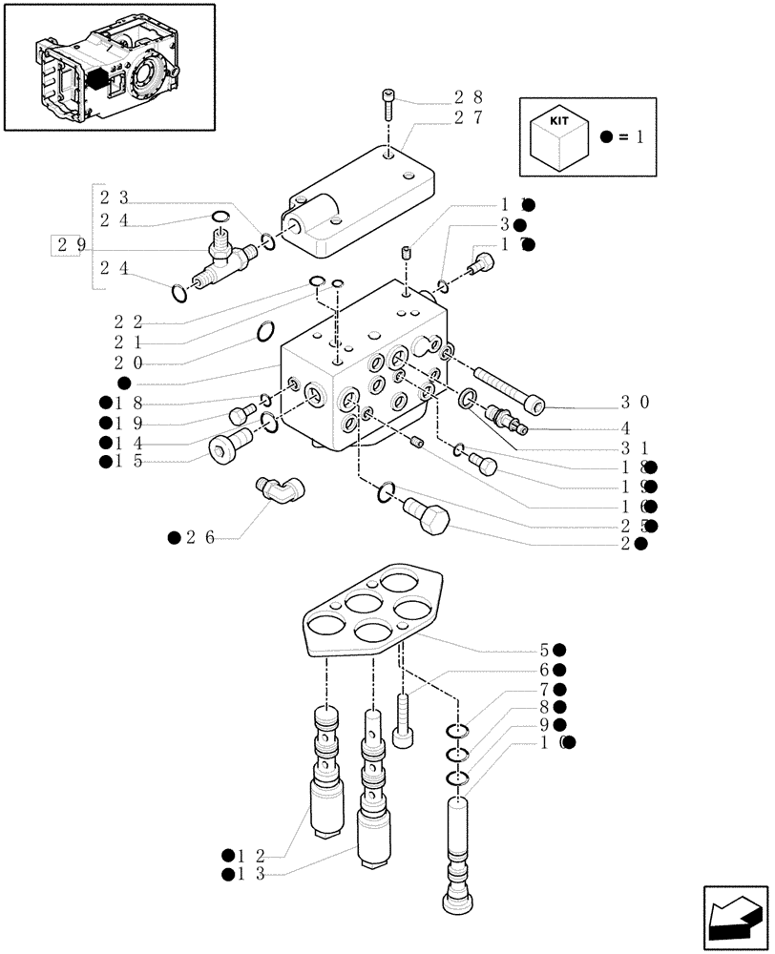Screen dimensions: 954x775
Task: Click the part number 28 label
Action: pyautogui.click(x=469, y=97)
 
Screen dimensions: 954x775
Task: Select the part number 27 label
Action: pyautogui.click(x=469, y=118)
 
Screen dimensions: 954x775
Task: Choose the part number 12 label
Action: pyautogui.click(x=250, y=855)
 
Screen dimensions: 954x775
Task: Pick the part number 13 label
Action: pyautogui.click(x=250, y=875)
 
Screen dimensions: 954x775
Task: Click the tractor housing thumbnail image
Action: pyautogui.click(x=109, y=67)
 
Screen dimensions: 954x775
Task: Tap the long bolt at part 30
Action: pyautogui.click(x=505, y=392)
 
